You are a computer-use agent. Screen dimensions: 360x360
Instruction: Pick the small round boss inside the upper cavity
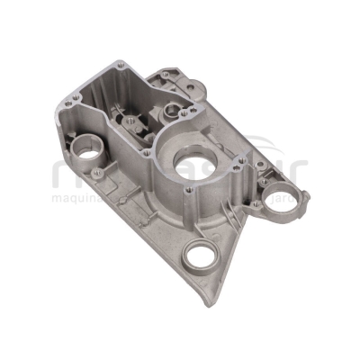[x=172, y=112]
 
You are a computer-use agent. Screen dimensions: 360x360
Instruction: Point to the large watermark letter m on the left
[x=67, y=171]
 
